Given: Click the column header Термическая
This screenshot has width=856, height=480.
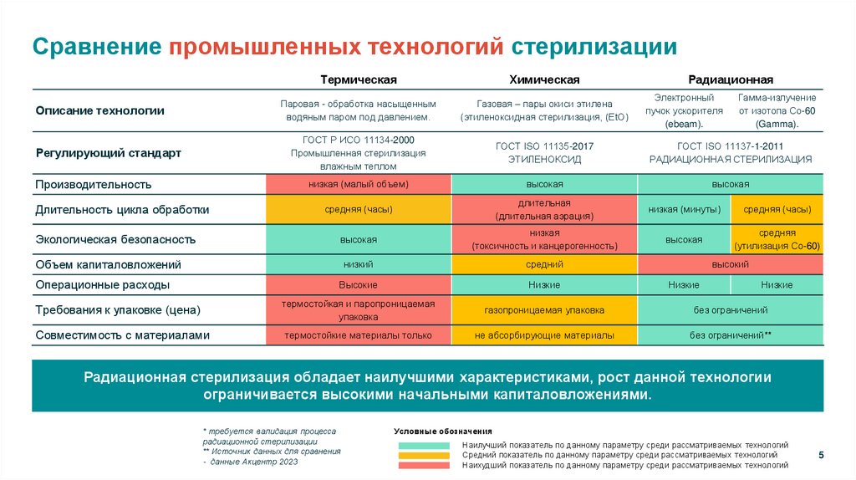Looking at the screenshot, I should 358,79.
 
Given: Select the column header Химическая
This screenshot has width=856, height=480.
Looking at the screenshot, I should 544,79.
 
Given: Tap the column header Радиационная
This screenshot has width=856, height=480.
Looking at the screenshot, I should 730,79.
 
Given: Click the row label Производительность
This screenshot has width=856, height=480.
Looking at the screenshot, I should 93,184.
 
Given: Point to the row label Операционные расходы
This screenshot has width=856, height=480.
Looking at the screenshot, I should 103,285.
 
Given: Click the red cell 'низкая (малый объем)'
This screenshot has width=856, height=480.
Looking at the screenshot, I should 358,184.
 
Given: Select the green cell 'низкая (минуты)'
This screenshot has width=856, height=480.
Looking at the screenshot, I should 684,209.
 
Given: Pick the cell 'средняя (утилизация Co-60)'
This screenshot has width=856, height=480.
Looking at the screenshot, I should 777,239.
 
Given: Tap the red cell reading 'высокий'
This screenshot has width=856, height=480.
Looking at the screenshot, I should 730,264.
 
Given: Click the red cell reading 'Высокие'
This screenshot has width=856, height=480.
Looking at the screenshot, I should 358,285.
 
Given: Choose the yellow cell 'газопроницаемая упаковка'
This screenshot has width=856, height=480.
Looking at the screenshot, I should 544,310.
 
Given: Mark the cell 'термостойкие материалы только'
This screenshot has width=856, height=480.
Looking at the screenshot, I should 358,335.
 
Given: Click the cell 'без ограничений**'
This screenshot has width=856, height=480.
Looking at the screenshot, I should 730,335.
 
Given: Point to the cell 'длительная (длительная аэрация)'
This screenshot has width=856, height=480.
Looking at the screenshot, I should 544,209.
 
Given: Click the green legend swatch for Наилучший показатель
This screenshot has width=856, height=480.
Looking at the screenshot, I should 425,445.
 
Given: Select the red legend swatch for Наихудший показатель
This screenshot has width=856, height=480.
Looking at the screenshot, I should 425,465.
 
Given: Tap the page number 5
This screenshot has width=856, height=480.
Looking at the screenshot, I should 820,454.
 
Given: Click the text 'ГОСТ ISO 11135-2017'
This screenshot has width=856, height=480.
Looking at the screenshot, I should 544,146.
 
